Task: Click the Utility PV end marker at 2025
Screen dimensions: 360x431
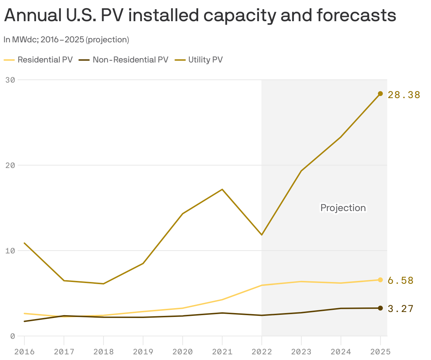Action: point(380,94)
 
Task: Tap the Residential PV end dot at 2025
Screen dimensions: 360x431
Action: point(380,280)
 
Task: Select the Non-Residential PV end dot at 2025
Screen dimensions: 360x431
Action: point(380,308)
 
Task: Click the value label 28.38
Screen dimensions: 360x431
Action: point(404,95)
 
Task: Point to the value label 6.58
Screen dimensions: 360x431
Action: point(400,281)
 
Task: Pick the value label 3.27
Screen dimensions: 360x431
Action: point(400,309)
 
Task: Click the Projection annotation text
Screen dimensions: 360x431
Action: point(343,208)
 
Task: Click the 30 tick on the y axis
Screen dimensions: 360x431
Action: point(10,80)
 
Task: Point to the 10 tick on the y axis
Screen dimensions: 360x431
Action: point(10,251)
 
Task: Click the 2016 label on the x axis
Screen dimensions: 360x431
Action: point(24,352)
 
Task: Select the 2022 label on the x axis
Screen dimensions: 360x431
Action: point(262,352)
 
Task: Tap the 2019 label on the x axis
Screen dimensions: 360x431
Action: point(143,352)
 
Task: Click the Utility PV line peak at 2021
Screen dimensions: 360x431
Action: point(222,190)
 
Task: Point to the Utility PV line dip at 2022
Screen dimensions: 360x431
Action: point(261,235)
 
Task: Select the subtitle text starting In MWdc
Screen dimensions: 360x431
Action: point(66,40)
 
